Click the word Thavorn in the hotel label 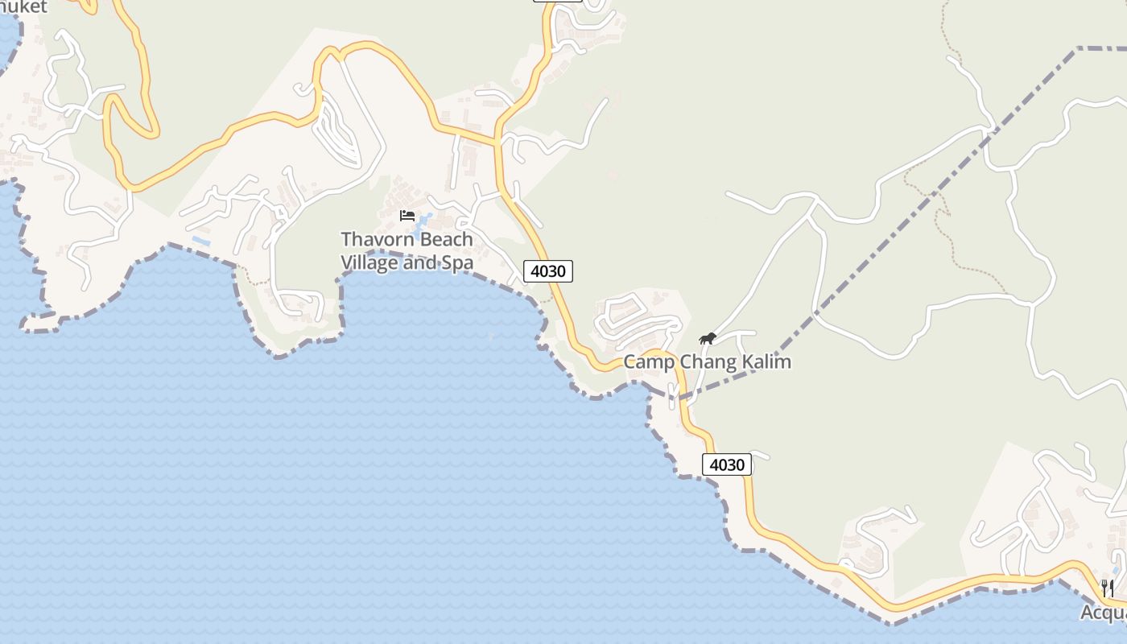pyautogui.click(x=374, y=240)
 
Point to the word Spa pyautogui.click(x=457, y=262)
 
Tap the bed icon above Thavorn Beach pyautogui.click(x=407, y=216)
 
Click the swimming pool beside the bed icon pyautogui.click(x=424, y=221)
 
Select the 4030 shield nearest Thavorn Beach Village pyautogui.click(x=548, y=271)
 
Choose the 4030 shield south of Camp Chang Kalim pyautogui.click(x=727, y=464)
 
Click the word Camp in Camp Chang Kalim pyautogui.click(x=650, y=362)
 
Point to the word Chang pyautogui.click(x=708, y=362)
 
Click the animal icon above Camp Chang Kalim pyautogui.click(x=707, y=339)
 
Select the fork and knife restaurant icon pyautogui.click(x=1108, y=588)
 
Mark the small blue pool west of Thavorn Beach pyautogui.click(x=200, y=240)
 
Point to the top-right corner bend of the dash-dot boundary pyautogui.click(x=1077, y=49)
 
